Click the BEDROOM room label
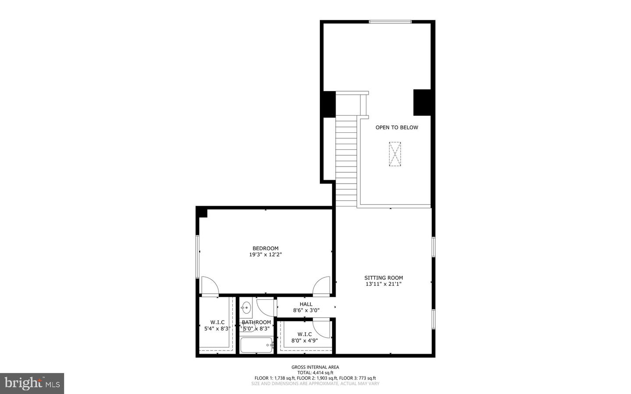point(265,248)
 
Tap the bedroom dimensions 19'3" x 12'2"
point(265,255)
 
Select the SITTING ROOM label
point(383,278)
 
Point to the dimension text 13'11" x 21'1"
point(383,284)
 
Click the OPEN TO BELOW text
point(397,128)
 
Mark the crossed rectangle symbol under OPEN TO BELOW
point(395,154)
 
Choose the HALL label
point(306,304)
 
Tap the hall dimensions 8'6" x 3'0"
point(306,310)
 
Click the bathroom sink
point(246,307)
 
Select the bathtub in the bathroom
point(256,345)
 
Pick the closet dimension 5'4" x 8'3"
point(217,328)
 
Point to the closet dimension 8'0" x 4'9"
point(305,340)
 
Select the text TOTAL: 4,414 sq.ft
point(315,373)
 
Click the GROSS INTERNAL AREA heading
point(315,367)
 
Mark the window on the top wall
point(390,21)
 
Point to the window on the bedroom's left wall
point(198,256)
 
